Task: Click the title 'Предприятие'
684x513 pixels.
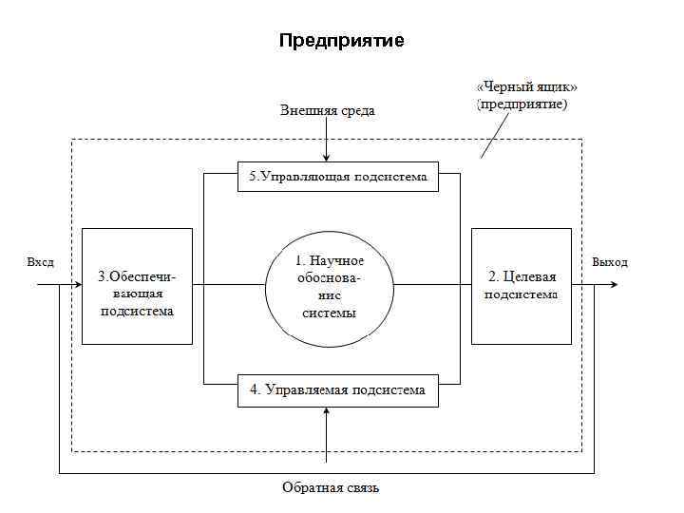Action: pos(341,41)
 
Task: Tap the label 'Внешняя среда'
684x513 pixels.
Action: pos(327,110)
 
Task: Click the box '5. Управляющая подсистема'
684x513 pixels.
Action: pos(338,177)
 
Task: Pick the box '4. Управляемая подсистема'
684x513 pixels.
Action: pos(338,390)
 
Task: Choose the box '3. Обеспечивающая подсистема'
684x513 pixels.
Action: pos(137,285)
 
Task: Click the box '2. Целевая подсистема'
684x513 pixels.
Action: pos(522,285)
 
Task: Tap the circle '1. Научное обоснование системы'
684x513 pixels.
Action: pos(329,285)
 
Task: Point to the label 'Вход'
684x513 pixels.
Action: pos(41,262)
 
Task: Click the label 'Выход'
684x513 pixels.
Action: pos(610,262)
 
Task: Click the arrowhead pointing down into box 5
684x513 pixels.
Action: pos(326,158)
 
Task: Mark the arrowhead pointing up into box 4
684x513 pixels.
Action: pos(326,410)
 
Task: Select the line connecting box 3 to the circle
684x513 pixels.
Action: pos(228,284)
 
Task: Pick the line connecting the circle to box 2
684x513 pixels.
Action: pos(432,284)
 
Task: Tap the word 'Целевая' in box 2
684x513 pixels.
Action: pos(531,276)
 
